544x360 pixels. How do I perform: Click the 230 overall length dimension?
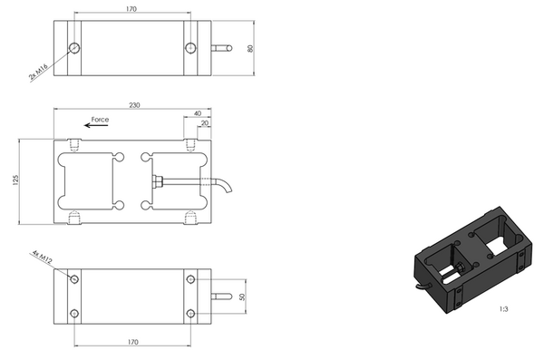click(x=134, y=105)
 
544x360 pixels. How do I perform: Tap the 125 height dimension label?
click(x=15, y=180)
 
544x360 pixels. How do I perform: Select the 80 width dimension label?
click(x=250, y=48)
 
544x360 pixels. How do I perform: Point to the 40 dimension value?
click(x=198, y=113)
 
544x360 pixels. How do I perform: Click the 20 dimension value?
click(x=205, y=123)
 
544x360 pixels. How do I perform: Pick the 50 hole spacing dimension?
click(x=242, y=297)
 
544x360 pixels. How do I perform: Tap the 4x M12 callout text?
click(x=43, y=257)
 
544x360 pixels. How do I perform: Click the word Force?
click(x=100, y=120)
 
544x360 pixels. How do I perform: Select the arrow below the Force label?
click(x=96, y=125)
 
